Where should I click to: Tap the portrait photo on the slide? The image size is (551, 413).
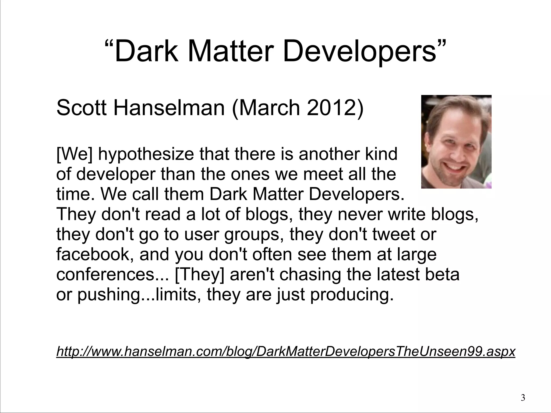[x=456, y=142]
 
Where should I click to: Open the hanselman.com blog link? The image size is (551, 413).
[x=286, y=351]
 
